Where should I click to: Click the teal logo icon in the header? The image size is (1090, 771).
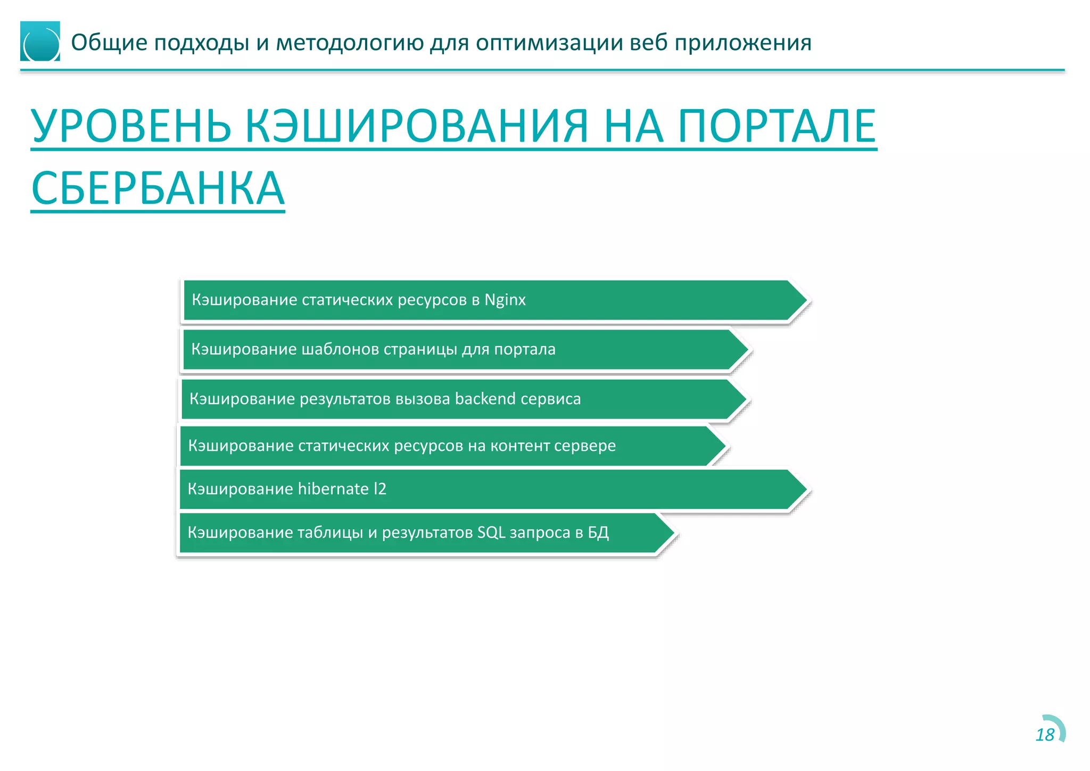[x=40, y=42]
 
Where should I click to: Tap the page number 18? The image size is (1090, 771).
[x=1045, y=735]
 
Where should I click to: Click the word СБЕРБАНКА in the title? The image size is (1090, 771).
[x=158, y=188]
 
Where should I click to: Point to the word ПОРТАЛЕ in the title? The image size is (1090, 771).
[x=777, y=126]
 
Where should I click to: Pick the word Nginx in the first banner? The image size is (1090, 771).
[x=505, y=300]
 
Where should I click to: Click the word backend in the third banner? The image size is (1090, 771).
[x=485, y=399]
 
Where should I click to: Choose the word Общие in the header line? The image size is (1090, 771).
[x=109, y=43]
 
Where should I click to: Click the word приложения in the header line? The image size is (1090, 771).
[x=743, y=43]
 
